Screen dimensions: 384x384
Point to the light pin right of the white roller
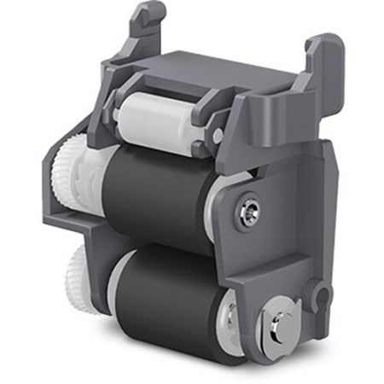(x=218, y=135)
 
